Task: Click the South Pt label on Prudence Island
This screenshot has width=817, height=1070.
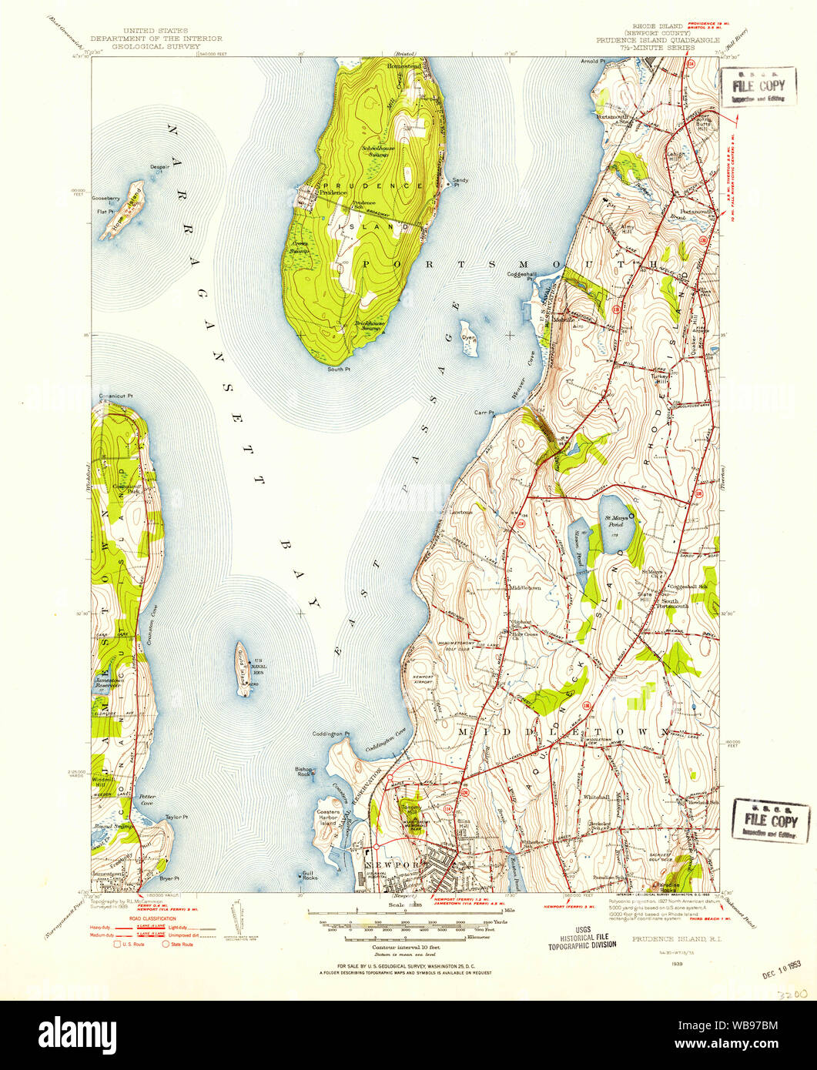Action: (x=339, y=369)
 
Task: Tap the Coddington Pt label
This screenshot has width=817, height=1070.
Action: (x=332, y=734)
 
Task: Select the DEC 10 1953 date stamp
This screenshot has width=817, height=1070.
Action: (x=780, y=972)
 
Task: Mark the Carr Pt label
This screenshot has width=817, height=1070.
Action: (x=483, y=413)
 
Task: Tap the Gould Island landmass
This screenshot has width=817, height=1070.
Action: (x=243, y=669)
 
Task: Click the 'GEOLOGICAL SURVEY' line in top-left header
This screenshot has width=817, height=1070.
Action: (x=156, y=46)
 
